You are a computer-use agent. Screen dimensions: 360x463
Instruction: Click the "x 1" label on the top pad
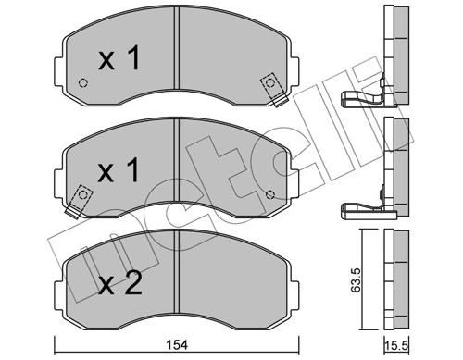[x=119, y=61]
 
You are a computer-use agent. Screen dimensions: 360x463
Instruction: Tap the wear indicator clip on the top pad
[x=271, y=85]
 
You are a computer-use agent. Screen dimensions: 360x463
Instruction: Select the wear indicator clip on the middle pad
[x=81, y=197]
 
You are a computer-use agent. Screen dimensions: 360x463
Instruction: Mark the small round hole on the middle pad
[x=270, y=193]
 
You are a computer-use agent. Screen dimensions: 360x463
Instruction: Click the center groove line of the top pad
[x=177, y=60]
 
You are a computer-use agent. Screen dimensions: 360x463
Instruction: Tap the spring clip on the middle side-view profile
[x=363, y=209]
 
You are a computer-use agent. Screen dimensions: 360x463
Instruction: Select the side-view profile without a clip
[x=395, y=278]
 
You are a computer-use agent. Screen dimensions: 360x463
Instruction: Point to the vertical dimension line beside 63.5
[x=358, y=278]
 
